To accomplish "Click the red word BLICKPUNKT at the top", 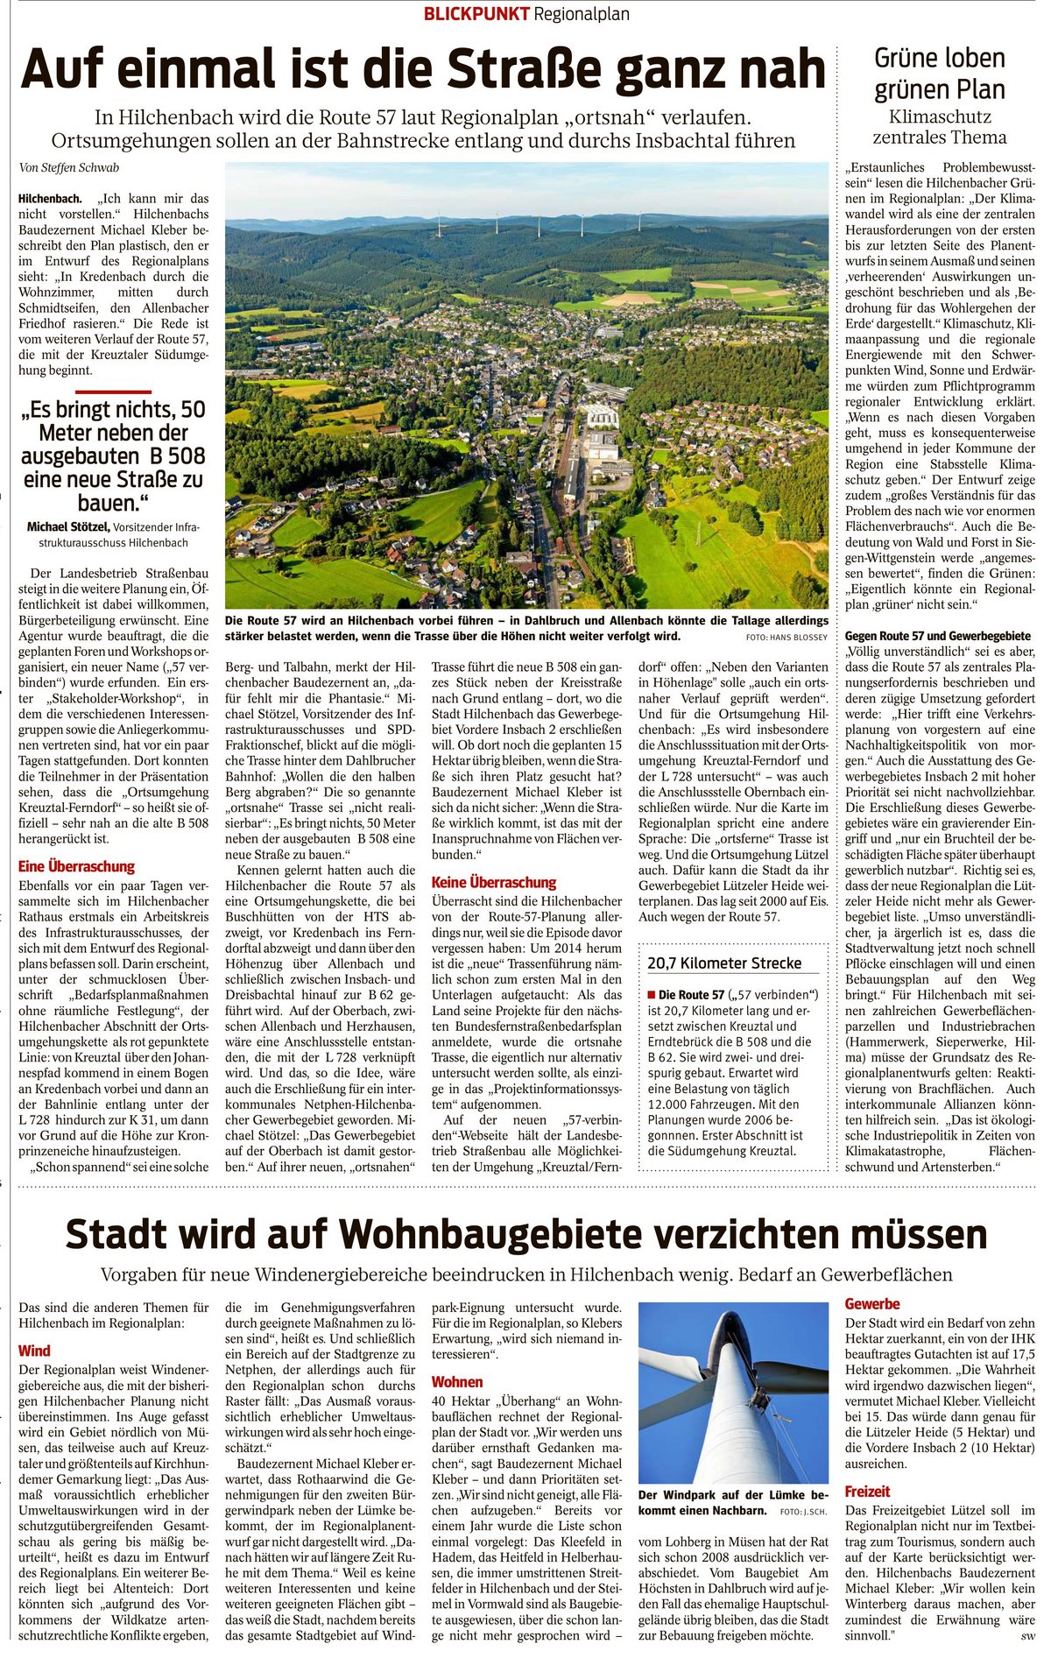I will pos(476,13).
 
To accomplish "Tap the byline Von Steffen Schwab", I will pos(68,167).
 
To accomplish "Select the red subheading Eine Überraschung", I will pos(77,866).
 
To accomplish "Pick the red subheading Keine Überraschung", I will pos(494,882).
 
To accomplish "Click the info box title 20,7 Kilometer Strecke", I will pos(724,963).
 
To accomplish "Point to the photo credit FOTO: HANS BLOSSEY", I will pos(786,637).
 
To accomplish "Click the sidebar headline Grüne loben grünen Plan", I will pos(939,74).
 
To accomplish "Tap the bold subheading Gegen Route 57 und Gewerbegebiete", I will pos(938,635).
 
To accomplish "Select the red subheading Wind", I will pos(34,1351).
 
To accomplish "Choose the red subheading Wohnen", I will pos(457,1381).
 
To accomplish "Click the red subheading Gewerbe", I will pos(872,1303).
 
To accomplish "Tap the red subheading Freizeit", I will pos(867,1491).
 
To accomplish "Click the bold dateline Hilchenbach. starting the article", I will pos(51,199).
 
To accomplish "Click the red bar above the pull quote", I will pos(113,392).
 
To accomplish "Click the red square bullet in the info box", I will pos(651,995).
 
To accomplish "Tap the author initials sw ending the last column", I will pos(1026,1635).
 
